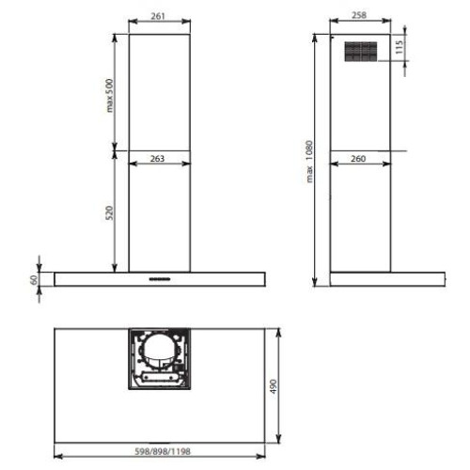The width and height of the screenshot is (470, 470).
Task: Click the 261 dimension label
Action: [158, 16]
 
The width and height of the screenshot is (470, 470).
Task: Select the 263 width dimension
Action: [157, 159]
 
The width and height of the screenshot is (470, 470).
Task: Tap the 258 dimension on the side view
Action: [359, 15]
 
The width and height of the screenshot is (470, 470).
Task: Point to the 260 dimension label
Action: [358, 159]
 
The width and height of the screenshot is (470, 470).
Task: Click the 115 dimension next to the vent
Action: [399, 47]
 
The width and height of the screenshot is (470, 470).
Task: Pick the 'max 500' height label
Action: [109, 96]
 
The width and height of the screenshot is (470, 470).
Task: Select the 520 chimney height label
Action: [109, 213]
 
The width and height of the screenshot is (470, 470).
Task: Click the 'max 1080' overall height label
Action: [309, 162]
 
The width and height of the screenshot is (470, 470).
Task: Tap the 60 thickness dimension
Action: [34, 279]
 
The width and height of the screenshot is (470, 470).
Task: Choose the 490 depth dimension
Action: [274, 386]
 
